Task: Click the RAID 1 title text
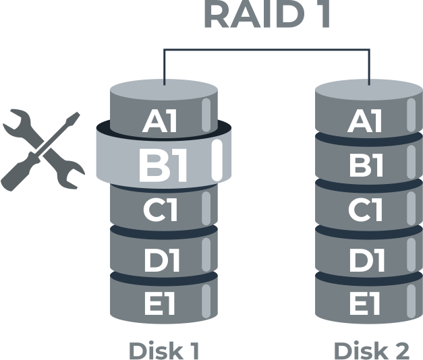266,15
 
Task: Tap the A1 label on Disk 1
160,121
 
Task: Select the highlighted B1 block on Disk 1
164,164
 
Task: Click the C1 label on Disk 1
161,211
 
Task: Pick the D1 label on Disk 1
161,259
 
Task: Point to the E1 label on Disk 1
160,305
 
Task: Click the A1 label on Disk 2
365,122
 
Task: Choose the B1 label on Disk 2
365,166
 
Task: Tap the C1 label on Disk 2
365,211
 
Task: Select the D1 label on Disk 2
365,259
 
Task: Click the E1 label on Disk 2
365,305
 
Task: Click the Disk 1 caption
164,350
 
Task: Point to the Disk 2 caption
371,350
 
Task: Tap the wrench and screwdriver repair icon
42,150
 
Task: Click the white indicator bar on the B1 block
217,161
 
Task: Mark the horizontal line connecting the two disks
267,50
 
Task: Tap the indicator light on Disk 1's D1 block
206,255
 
